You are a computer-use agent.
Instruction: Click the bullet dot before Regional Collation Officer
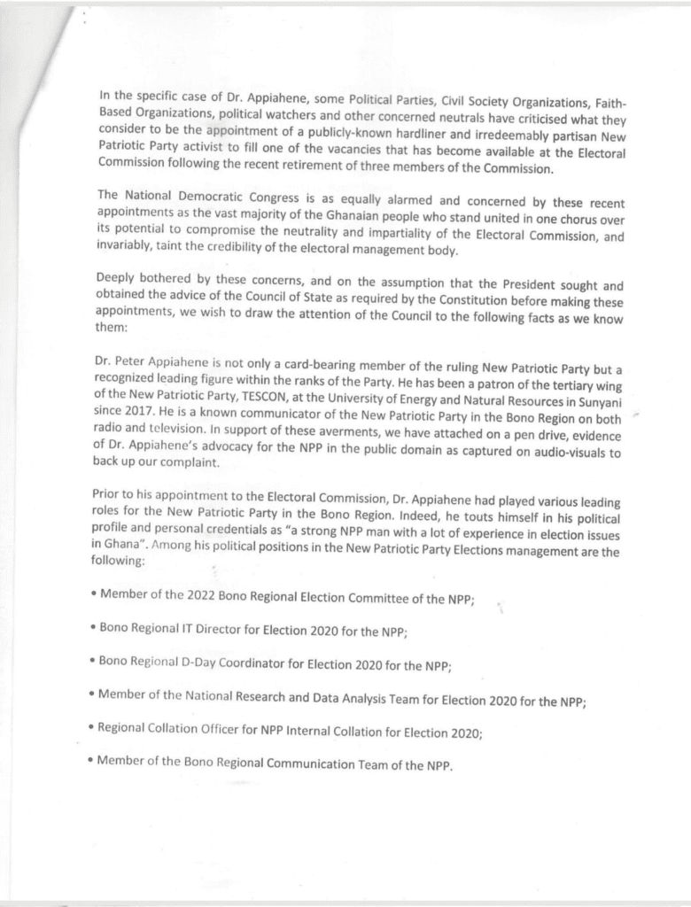pyautogui.click(x=92, y=727)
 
